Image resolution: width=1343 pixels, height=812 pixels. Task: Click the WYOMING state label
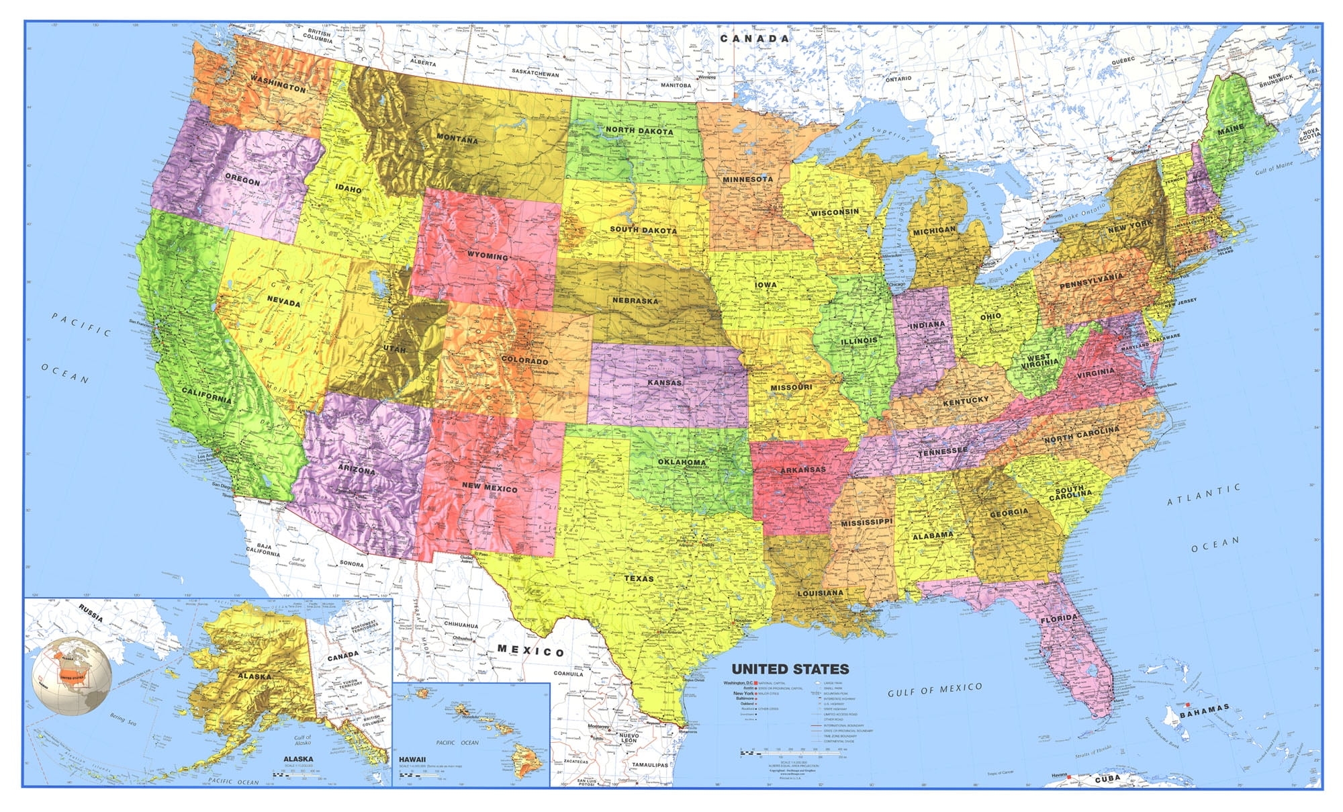tap(488, 256)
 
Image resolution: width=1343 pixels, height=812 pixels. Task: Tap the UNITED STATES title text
tap(790, 669)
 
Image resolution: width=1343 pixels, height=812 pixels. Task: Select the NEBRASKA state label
tap(635, 300)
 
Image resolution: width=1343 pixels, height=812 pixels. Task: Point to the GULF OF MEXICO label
tap(935, 690)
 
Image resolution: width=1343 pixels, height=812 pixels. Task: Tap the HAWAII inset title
tap(412, 760)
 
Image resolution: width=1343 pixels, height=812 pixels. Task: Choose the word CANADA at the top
tap(754, 39)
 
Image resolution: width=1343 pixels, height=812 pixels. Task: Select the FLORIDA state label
tap(1059, 619)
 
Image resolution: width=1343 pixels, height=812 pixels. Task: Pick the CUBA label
tap(1107, 778)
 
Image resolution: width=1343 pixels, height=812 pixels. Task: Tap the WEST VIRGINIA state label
tap(1039, 361)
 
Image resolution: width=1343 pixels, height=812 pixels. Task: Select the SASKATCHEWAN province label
tap(535, 72)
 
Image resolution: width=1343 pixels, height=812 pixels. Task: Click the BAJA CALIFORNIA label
tap(263, 549)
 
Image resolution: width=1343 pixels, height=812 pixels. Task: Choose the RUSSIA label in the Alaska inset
tap(91, 613)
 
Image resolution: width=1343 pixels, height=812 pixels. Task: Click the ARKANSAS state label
tap(802, 469)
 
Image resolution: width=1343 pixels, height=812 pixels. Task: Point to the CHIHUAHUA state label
tap(461, 625)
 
